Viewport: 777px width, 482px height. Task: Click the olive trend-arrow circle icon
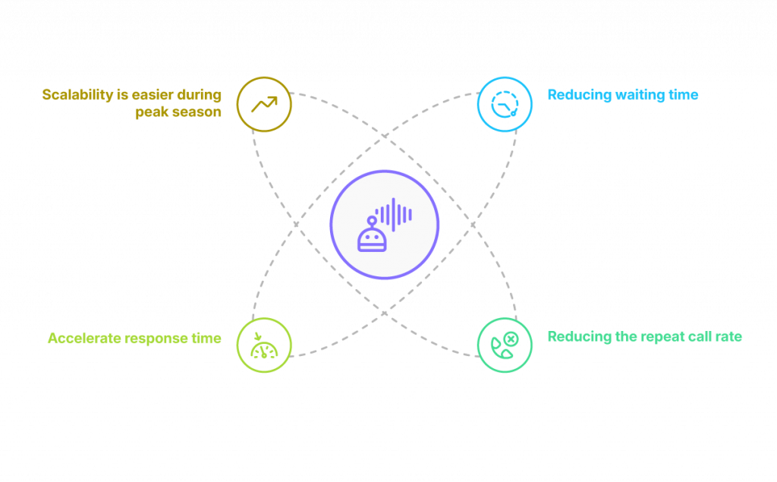pyautogui.click(x=264, y=104)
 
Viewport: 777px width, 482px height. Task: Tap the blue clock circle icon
pyautogui.click(x=504, y=104)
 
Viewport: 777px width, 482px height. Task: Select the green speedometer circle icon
pyautogui.click(x=264, y=345)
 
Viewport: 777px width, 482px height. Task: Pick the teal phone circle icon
pyautogui.click(x=504, y=345)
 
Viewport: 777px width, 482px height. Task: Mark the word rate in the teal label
pyautogui.click(x=728, y=336)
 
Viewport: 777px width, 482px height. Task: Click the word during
pyautogui.click(x=199, y=95)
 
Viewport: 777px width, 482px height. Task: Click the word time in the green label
pyautogui.click(x=206, y=339)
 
